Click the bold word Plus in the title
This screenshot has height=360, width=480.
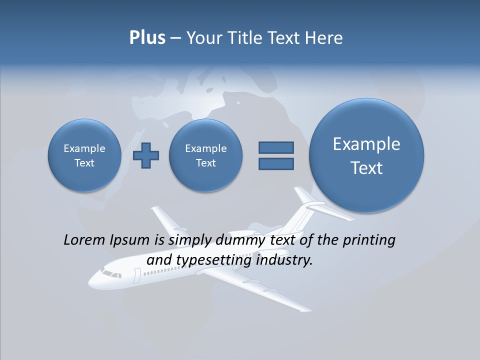[147, 38]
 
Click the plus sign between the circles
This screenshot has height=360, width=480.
[146, 155]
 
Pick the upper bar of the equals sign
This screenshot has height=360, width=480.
[276, 147]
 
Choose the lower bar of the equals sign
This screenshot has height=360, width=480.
[276, 163]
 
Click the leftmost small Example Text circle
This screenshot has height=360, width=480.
[84, 155]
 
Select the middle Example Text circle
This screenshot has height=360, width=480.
[205, 155]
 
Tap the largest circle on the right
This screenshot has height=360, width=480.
[366, 155]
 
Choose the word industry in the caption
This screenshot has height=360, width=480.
[283, 260]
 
